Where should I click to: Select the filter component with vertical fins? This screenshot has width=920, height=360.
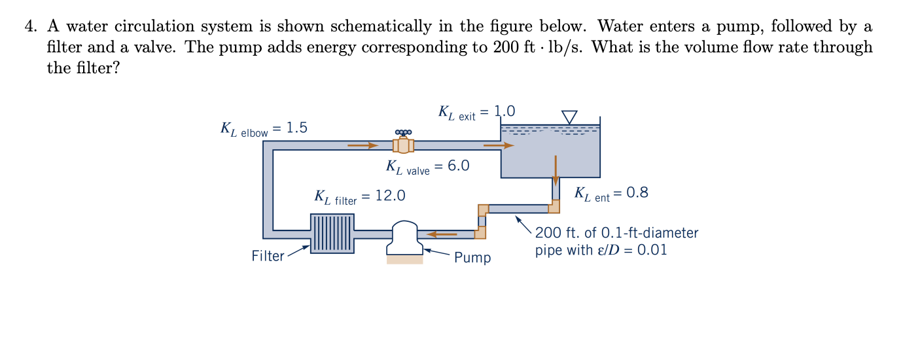click(332, 233)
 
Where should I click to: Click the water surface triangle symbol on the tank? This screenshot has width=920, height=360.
click(570, 117)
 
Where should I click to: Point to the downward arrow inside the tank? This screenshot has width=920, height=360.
click(556, 169)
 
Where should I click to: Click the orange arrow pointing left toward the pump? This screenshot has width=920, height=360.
click(442, 233)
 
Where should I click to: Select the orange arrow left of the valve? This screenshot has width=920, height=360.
click(363, 145)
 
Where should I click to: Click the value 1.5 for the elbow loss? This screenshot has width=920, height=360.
click(297, 128)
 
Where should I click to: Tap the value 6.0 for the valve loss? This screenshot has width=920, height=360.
click(459, 166)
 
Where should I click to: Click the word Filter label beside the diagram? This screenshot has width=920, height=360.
click(268, 256)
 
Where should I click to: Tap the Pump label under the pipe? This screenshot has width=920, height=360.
click(472, 257)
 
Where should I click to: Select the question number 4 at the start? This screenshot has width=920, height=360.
click(29, 27)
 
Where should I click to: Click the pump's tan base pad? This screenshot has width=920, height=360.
click(404, 259)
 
